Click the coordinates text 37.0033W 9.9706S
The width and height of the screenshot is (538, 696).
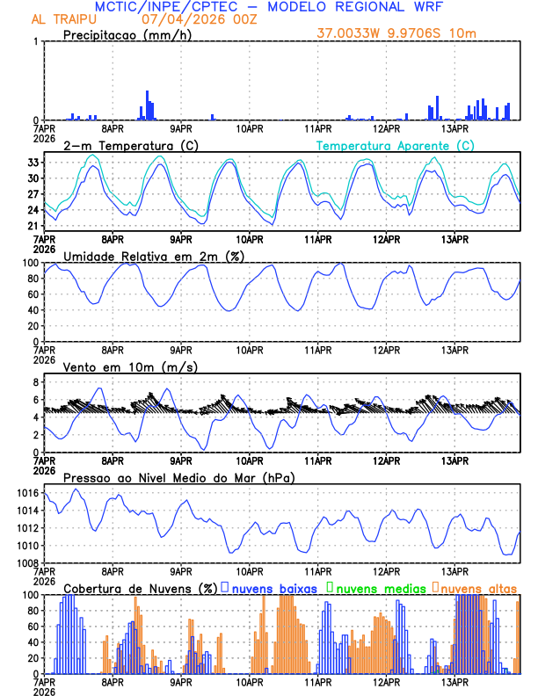tap(385, 33)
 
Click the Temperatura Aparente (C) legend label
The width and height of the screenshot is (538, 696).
tap(395, 145)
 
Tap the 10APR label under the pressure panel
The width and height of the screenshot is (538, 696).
tap(250, 570)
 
